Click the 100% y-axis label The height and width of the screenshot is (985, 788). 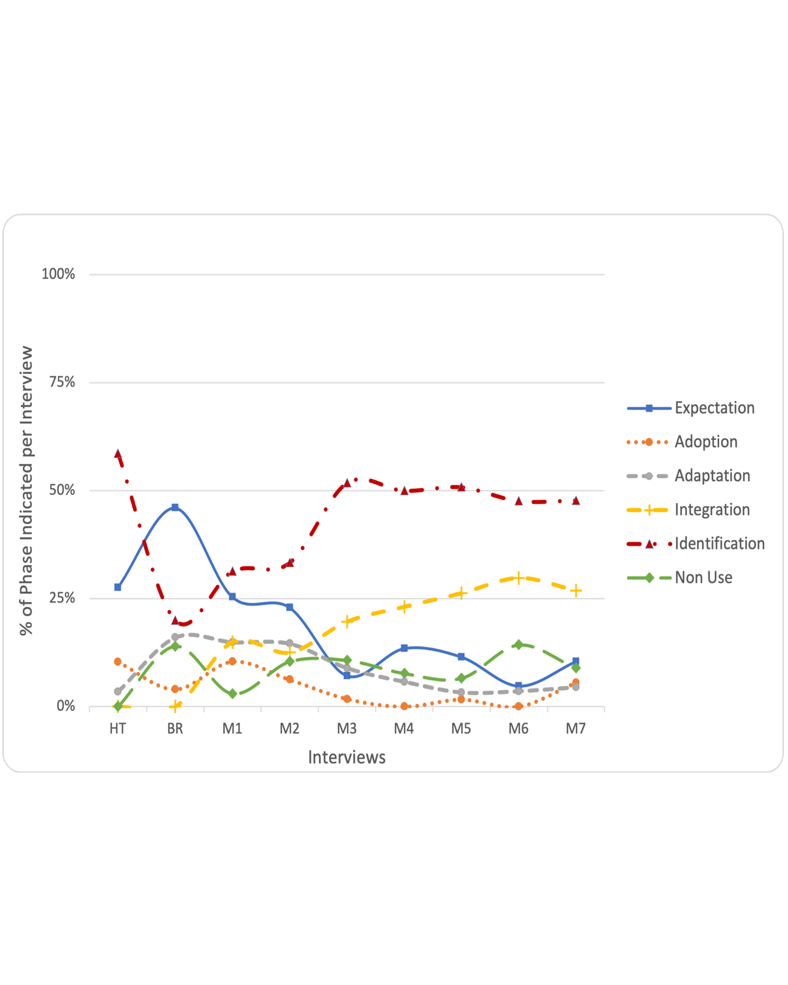coord(58,274)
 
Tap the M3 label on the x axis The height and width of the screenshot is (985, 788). coord(347,729)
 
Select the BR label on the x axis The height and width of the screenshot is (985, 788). coord(175,729)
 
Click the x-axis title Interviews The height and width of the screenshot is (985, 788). coord(347,757)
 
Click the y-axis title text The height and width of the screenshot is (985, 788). coord(27,491)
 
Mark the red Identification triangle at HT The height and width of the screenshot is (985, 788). coord(118,454)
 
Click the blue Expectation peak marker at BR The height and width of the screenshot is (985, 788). coord(175,507)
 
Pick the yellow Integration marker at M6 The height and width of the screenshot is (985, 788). coord(518,577)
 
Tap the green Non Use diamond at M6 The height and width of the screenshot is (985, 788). coord(518,645)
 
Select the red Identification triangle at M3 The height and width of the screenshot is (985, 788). coord(347,482)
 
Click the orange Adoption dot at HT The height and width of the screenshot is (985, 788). coord(118,662)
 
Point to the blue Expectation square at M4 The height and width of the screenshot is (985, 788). coord(404,648)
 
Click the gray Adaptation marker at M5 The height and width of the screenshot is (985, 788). coord(461,692)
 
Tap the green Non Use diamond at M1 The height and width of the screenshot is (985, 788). coord(232,694)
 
